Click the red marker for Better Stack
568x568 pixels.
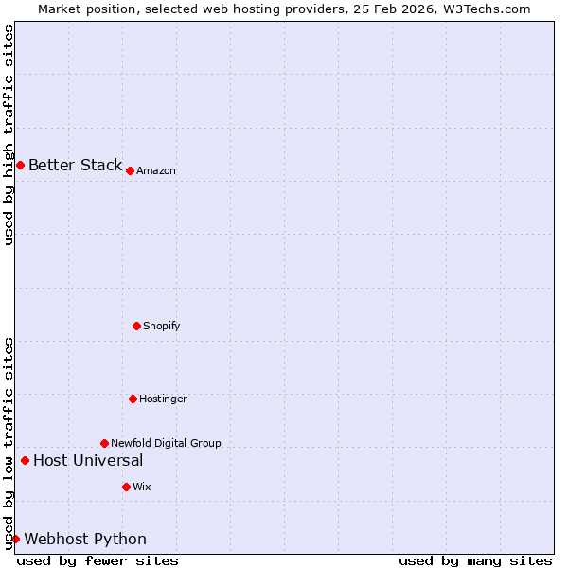(20, 166)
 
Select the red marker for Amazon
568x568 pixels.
(130, 170)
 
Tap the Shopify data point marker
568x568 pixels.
(136, 326)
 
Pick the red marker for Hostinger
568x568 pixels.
(133, 399)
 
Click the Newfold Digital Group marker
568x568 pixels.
(104, 443)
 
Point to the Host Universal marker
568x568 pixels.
(25, 461)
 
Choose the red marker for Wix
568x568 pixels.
(126, 487)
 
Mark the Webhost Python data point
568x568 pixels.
(15, 540)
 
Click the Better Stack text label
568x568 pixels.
(75, 166)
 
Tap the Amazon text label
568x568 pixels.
(156, 171)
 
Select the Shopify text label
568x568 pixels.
(162, 327)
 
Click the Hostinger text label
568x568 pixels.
(163, 399)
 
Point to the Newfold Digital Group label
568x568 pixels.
(166, 444)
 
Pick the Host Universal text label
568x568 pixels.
(88, 461)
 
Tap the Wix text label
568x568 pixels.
(142, 488)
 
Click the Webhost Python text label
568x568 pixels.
(85, 540)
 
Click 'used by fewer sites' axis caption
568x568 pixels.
(98, 561)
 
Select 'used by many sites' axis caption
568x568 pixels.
(475, 561)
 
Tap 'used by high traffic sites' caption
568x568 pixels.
(9, 134)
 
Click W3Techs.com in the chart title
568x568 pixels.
(486, 9)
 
